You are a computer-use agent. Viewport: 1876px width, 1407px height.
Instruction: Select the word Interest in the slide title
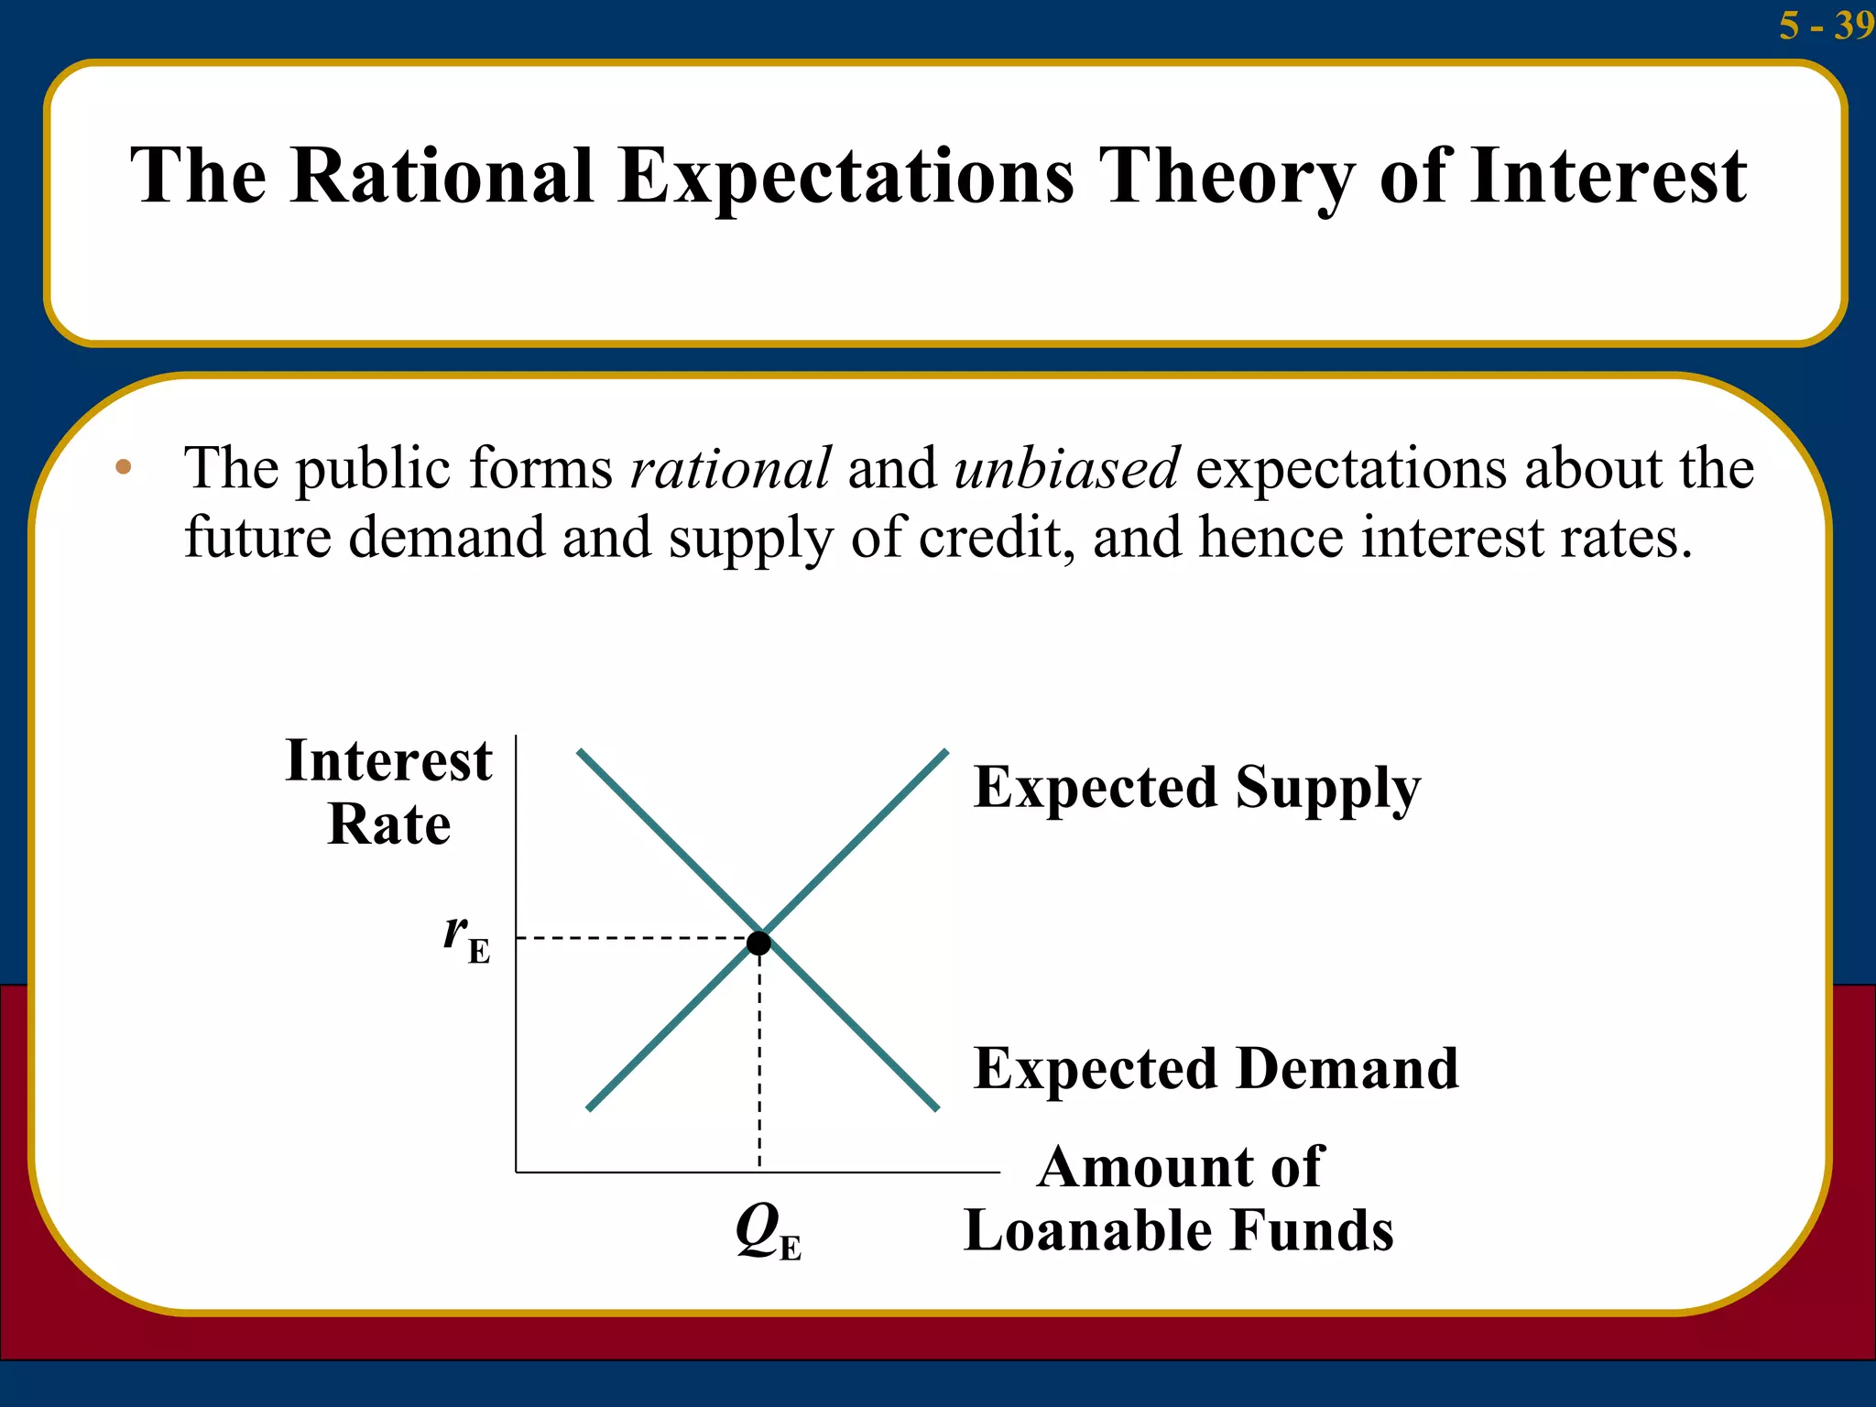(1609, 176)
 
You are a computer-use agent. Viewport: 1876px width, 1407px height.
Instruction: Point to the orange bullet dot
(124, 468)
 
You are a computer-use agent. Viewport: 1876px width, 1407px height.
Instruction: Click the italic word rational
(730, 468)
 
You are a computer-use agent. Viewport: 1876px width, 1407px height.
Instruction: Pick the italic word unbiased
(1066, 468)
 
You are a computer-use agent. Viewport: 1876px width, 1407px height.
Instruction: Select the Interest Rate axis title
(389, 791)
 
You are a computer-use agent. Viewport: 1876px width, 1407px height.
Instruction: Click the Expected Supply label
(1196, 788)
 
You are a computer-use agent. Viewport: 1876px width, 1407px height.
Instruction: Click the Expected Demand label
(1216, 1068)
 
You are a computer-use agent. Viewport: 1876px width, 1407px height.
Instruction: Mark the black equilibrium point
(759, 943)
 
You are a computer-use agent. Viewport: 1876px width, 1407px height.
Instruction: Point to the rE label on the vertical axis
(466, 938)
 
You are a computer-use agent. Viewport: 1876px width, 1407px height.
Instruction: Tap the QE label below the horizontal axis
(768, 1232)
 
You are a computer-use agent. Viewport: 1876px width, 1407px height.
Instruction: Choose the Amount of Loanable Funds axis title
(1180, 1198)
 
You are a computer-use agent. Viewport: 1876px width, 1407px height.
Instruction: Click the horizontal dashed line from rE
(632, 938)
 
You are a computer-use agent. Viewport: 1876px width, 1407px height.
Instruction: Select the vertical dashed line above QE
(759, 1063)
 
